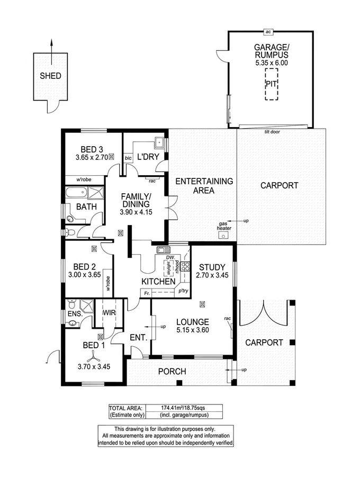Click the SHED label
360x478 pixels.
click(51, 76)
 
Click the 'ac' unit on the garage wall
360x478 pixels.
click(269, 31)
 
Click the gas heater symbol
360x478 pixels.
click(225, 235)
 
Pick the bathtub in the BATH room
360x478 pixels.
click(78, 193)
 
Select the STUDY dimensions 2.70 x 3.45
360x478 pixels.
click(212, 275)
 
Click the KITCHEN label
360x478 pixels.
click(158, 282)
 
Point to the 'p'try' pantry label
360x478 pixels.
click(183, 291)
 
